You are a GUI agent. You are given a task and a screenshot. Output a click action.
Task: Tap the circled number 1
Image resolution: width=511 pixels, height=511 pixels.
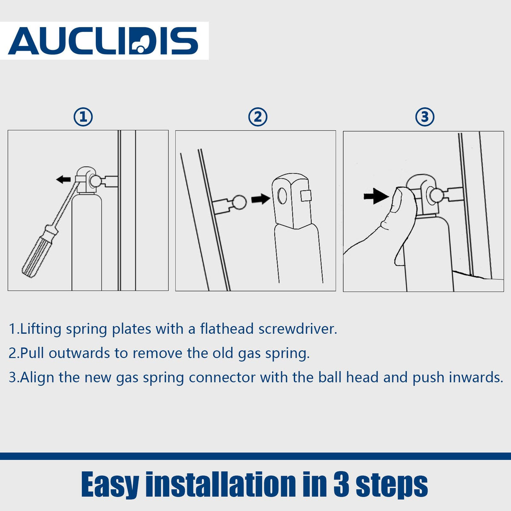83,117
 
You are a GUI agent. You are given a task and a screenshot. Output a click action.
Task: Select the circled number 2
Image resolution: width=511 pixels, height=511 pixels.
258,117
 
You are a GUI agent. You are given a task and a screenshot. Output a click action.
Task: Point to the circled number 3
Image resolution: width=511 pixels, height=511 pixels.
425,117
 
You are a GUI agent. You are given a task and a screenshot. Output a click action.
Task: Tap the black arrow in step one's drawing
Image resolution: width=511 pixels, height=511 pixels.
63,180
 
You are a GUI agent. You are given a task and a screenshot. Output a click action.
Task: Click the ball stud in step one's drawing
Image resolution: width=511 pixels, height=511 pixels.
95,181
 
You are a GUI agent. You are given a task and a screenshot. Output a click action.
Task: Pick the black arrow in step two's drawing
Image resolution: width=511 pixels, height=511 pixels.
261,199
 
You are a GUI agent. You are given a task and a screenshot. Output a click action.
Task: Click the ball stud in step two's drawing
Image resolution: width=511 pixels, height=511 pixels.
239,202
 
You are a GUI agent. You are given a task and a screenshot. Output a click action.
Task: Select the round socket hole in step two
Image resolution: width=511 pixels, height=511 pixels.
282,196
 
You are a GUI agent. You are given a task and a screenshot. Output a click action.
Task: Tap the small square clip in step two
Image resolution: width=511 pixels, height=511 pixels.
306,196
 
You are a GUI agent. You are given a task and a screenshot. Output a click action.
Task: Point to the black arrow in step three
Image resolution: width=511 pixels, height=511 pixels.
376,196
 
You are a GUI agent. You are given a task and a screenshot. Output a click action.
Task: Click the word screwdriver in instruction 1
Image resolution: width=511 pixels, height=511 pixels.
298,329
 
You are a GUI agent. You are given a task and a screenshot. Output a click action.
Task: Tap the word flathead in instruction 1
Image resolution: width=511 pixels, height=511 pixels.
227,329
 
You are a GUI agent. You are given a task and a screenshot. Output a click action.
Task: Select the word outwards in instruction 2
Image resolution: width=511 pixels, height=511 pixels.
79,353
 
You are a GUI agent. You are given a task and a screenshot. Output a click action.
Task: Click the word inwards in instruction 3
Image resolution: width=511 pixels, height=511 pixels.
476,378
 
